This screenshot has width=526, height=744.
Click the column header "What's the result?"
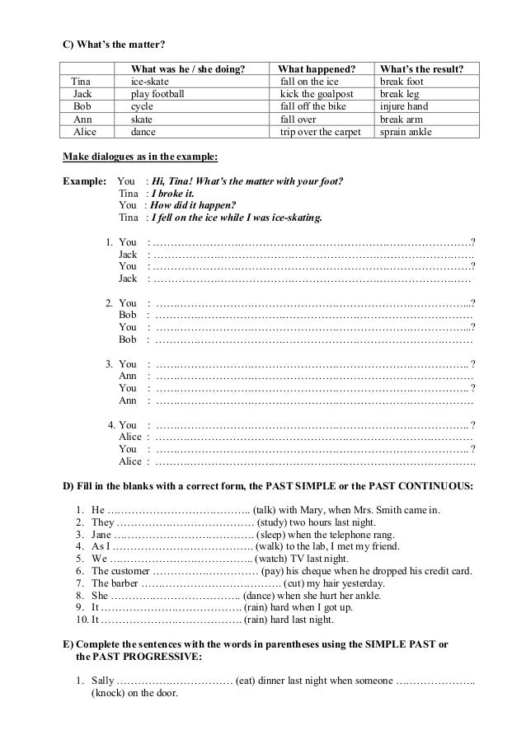420,70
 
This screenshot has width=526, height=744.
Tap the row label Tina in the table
82,82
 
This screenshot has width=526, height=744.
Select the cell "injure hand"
405,107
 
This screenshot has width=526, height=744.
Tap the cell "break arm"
402,119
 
